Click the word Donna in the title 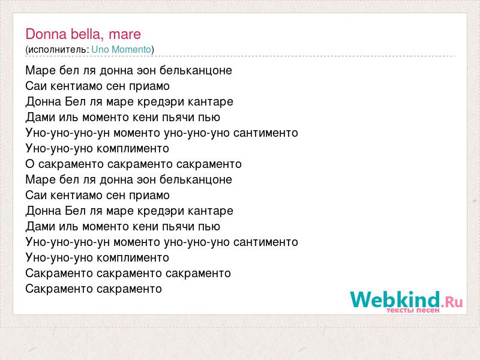click(x=46, y=34)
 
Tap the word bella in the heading click(x=87, y=34)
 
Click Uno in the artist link click(x=100, y=49)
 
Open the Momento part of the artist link click(x=131, y=49)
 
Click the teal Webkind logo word click(x=395, y=299)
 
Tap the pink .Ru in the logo click(x=452, y=302)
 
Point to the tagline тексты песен click(x=413, y=310)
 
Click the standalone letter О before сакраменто click(x=29, y=164)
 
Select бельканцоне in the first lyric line click(x=196, y=70)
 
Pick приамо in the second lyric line click(x=149, y=86)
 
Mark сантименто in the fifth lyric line click(x=266, y=133)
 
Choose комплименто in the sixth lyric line click(x=133, y=148)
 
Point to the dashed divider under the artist click(x=240, y=56)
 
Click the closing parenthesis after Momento click(x=153, y=50)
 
